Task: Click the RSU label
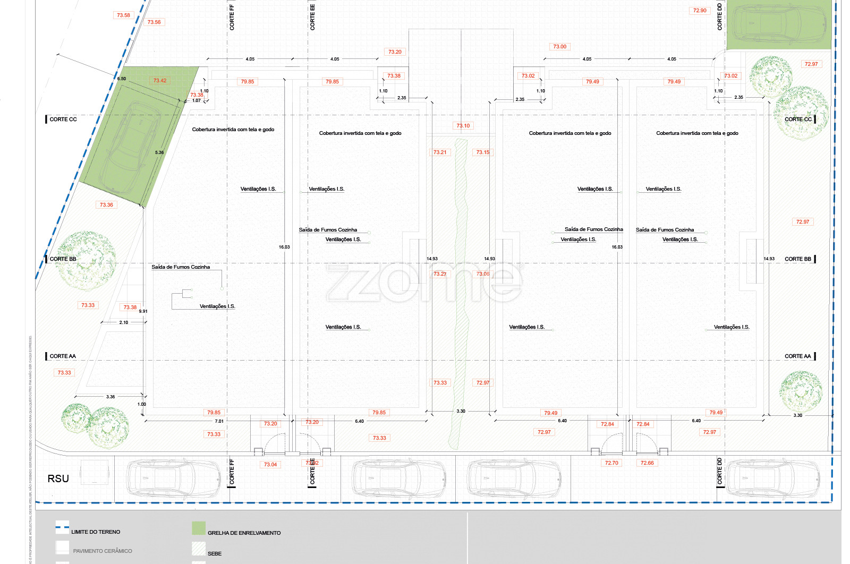click(58, 478)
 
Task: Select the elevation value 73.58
click(123, 15)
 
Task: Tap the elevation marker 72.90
click(700, 11)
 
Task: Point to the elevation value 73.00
click(559, 47)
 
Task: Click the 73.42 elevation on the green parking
click(160, 81)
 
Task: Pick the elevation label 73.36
click(106, 204)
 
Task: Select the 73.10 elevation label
click(463, 126)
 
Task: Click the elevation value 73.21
click(440, 152)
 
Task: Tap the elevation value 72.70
click(611, 463)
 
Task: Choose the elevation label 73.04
click(270, 465)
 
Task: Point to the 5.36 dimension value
click(159, 152)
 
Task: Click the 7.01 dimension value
click(219, 421)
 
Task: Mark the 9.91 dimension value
click(143, 311)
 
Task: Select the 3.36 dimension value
click(110, 397)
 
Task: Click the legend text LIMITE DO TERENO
click(96, 532)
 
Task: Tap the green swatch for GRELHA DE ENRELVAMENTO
click(199, 528)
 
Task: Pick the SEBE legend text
click(215, 553)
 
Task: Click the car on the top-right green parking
click(779, 24)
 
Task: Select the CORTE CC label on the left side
click(63, 119)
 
